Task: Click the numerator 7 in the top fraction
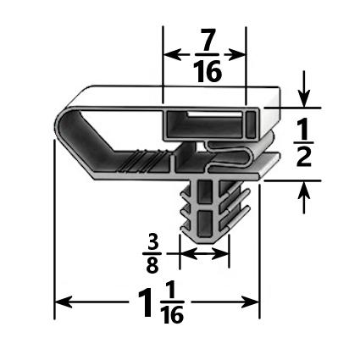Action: click(206, 39)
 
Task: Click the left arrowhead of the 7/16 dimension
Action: click(168, 55)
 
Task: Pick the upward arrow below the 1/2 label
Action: click(304, 189)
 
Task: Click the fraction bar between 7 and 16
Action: click(206, 55)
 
